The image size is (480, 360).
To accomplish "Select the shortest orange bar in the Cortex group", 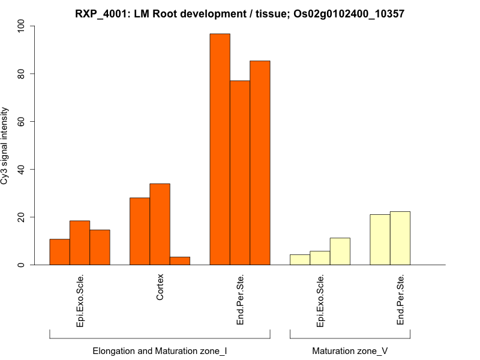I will coord(180,261).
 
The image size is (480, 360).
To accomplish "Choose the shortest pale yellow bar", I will coord(300,260).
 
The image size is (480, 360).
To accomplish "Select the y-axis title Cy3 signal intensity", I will coord(5,146).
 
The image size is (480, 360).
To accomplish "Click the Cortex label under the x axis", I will coord(160,288).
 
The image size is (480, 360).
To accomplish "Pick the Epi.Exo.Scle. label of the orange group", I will coord(80,301).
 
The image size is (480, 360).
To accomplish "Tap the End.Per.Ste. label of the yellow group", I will coord(401,300).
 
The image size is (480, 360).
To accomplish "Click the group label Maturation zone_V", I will coord(349,350).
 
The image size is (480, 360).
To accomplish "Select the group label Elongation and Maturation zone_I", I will coord(160,350).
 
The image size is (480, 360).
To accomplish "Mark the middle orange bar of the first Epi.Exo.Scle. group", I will coord(80,243).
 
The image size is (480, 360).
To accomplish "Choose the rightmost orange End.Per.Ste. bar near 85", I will coord(260,163).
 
